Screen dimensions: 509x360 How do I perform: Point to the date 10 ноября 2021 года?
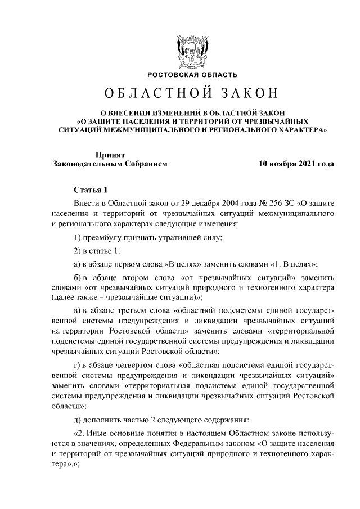296,164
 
